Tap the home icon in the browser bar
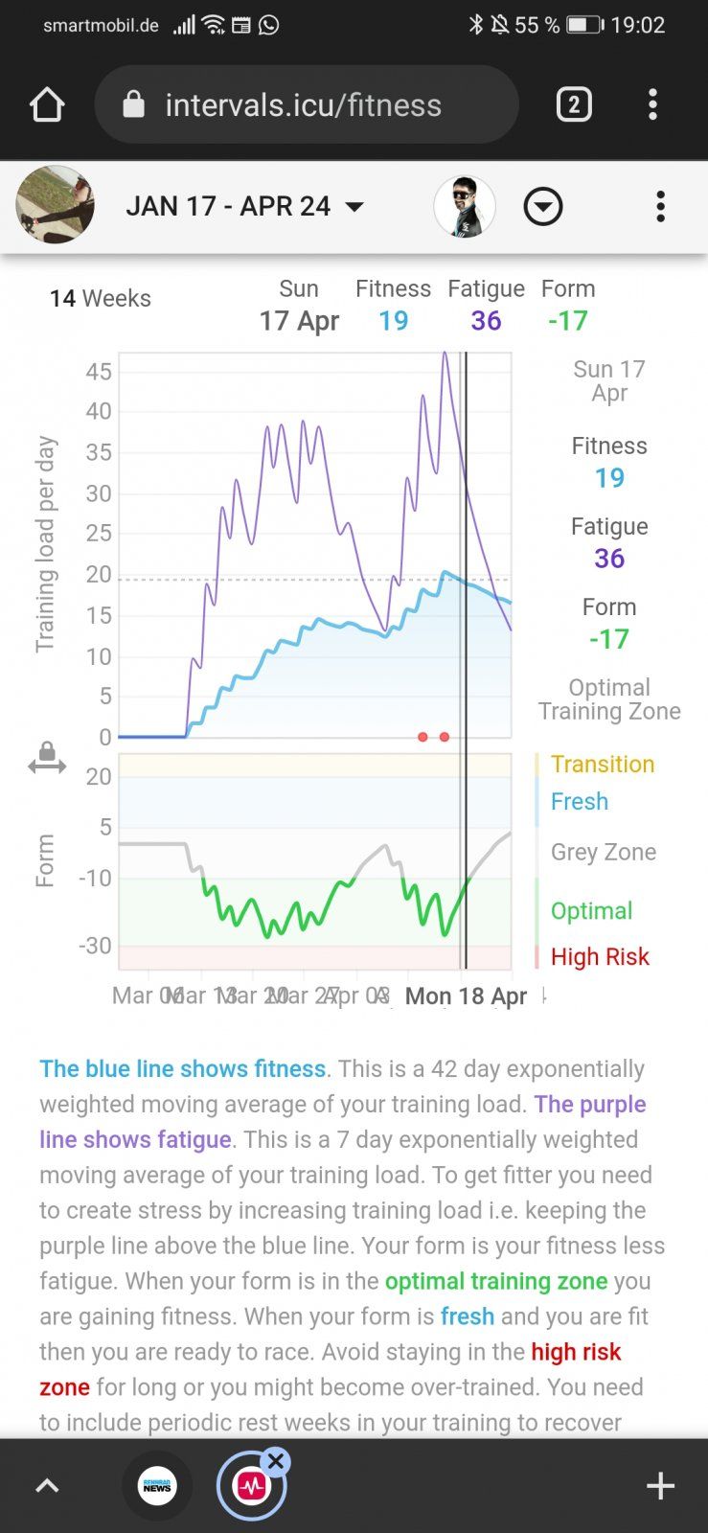coord(47,104)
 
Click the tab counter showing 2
coord(574,104)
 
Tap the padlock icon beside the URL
coord(134,104)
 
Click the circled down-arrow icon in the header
coord(543,206)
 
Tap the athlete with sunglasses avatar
coord(465,206)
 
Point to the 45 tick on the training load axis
coord(99,372)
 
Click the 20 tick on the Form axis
coord(99,777)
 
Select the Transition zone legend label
coord(603,764)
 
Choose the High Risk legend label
coord(600,956)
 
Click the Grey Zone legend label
coord(604,852)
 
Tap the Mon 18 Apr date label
coord(466,996)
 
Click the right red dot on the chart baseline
coord(445,737)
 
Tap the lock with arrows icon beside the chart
coord(47,758)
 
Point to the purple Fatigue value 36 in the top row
coord(486,321)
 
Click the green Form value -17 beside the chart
coord(609,639)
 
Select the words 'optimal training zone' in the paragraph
coord(496,1281)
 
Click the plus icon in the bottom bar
coord(660,1486)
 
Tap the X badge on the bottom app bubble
coord(276,1461)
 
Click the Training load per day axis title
coord(46,544)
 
